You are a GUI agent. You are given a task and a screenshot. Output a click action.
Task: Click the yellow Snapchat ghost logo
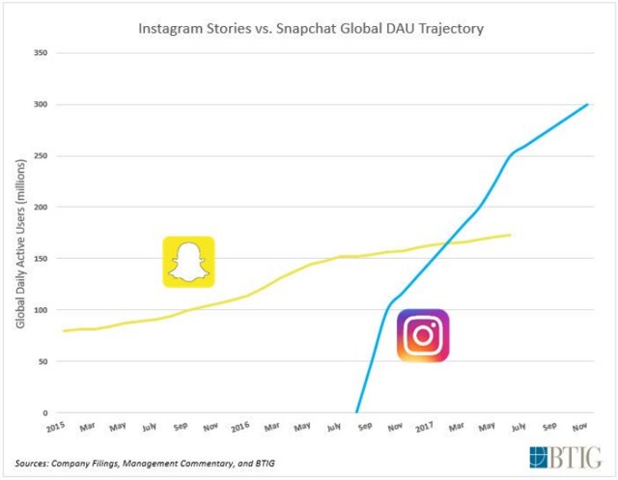[x=188, y=262]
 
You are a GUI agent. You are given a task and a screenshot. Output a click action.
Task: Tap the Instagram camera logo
[x=423, y=335]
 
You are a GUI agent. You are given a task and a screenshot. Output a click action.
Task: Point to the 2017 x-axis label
[x=426, y=425]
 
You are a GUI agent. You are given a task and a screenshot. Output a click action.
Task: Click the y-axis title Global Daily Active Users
[x=20, y=232]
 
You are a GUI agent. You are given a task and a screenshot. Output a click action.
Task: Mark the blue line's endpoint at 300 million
[x=588, y=104]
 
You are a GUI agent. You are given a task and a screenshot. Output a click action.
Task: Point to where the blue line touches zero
[x=357, y=412]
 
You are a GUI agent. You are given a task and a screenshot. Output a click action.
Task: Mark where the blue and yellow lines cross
[x=443, y=243]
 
